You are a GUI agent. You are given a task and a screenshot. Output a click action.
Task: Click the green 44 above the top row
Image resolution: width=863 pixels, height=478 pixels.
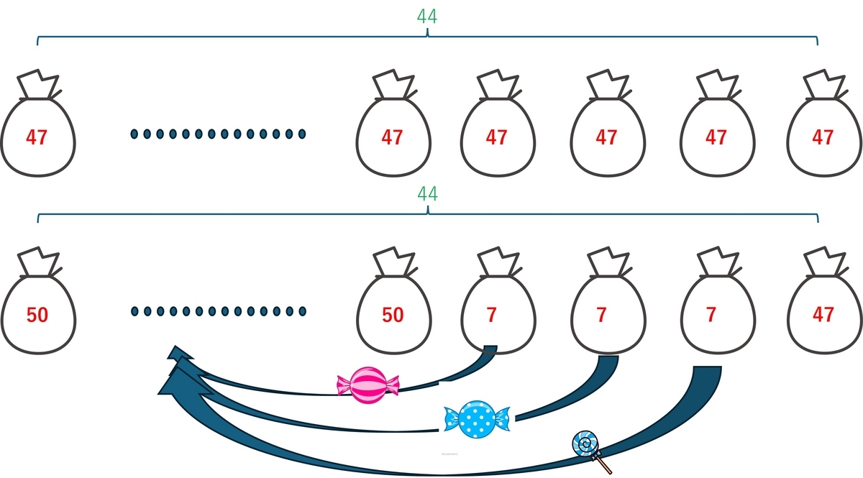pos(427,16)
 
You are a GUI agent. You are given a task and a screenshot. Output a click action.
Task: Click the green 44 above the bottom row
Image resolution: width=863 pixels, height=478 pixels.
pos(427,194)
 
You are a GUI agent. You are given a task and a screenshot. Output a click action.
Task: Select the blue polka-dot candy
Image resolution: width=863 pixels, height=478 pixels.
pos(477,418)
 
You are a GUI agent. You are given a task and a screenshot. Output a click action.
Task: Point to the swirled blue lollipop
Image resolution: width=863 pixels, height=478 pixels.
pos(585,445)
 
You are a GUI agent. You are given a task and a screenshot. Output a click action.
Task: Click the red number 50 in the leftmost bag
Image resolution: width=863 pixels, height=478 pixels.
pos(37,315)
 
